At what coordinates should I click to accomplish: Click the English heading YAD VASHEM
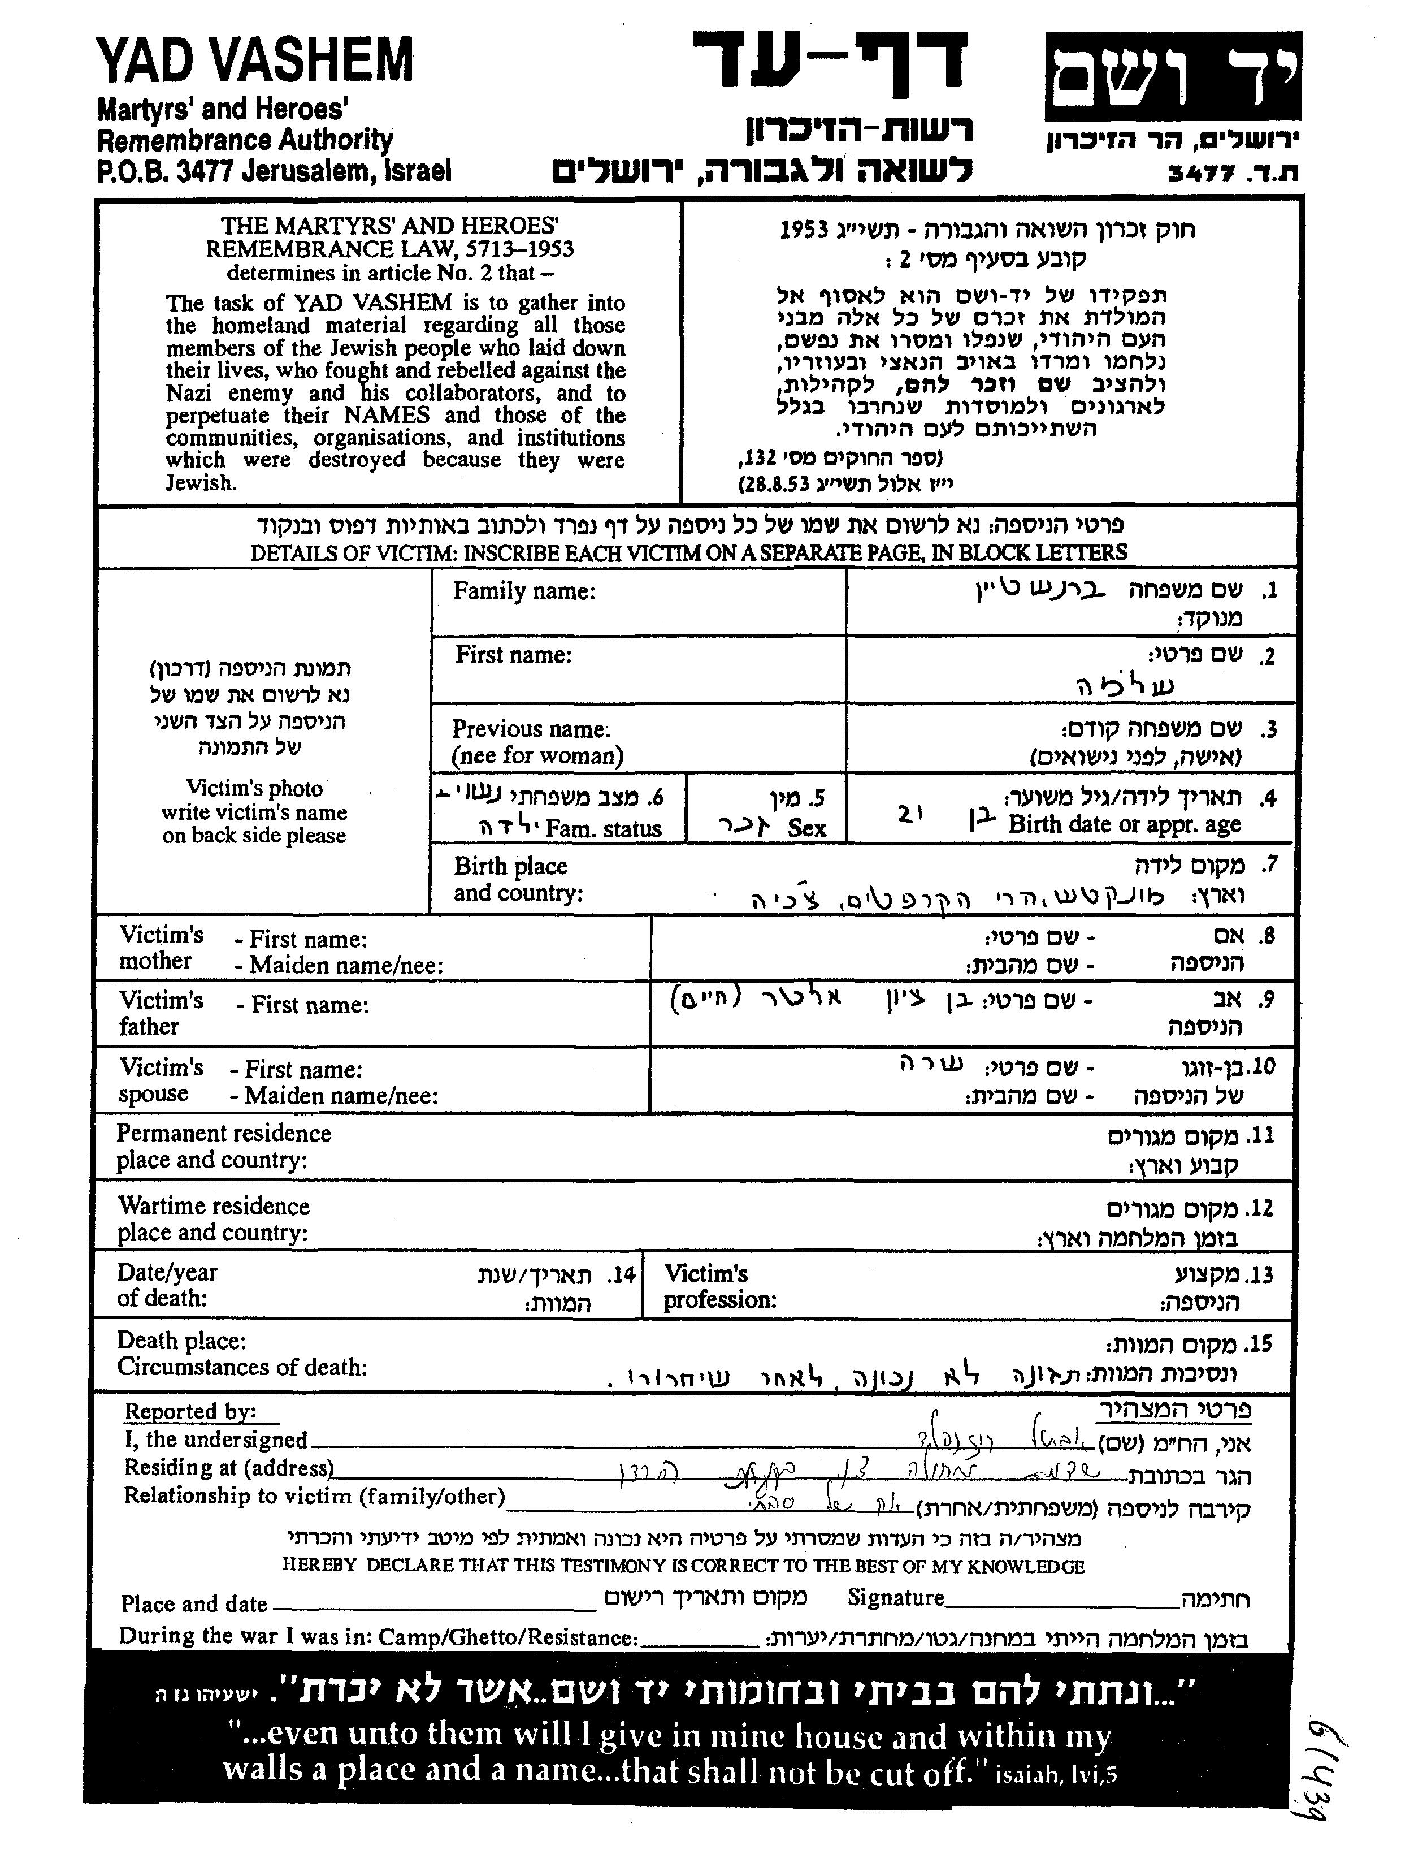coord(254,61)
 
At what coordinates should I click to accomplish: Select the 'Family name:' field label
coord(524,591)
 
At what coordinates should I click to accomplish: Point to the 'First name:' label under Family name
coord(513,655)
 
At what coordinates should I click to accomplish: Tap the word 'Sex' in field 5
coord(806,828)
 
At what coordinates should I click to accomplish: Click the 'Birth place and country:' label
coord(518,879)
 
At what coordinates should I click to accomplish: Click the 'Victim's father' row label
coord(161,1013)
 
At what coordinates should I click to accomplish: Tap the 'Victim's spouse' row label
coord(161,1080)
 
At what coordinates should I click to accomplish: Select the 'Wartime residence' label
coord(214,1206)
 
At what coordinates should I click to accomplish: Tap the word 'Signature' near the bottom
coord(895,1598)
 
